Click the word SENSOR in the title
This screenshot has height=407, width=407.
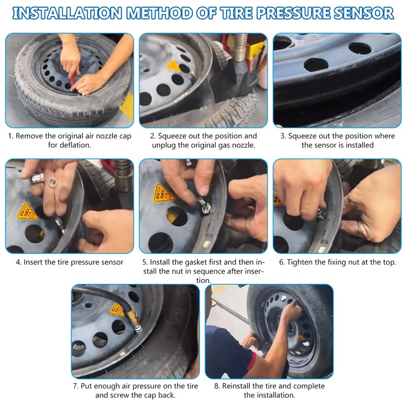[x=364, y=13]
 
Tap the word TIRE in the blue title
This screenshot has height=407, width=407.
[x=236, y=13]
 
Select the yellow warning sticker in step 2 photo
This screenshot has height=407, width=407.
[x=173, y=66]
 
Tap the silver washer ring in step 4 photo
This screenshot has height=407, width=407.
[x=52, y=182]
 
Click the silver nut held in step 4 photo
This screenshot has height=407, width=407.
[x=37, y=179]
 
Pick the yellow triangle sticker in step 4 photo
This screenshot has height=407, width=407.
[x=27, y=212]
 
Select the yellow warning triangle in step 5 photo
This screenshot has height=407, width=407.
[x=163, y=193]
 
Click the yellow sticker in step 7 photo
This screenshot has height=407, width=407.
[x=118, y=310]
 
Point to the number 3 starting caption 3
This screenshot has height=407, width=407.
[x=283, y=136]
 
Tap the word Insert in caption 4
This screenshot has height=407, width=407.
[x=33, y=262]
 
